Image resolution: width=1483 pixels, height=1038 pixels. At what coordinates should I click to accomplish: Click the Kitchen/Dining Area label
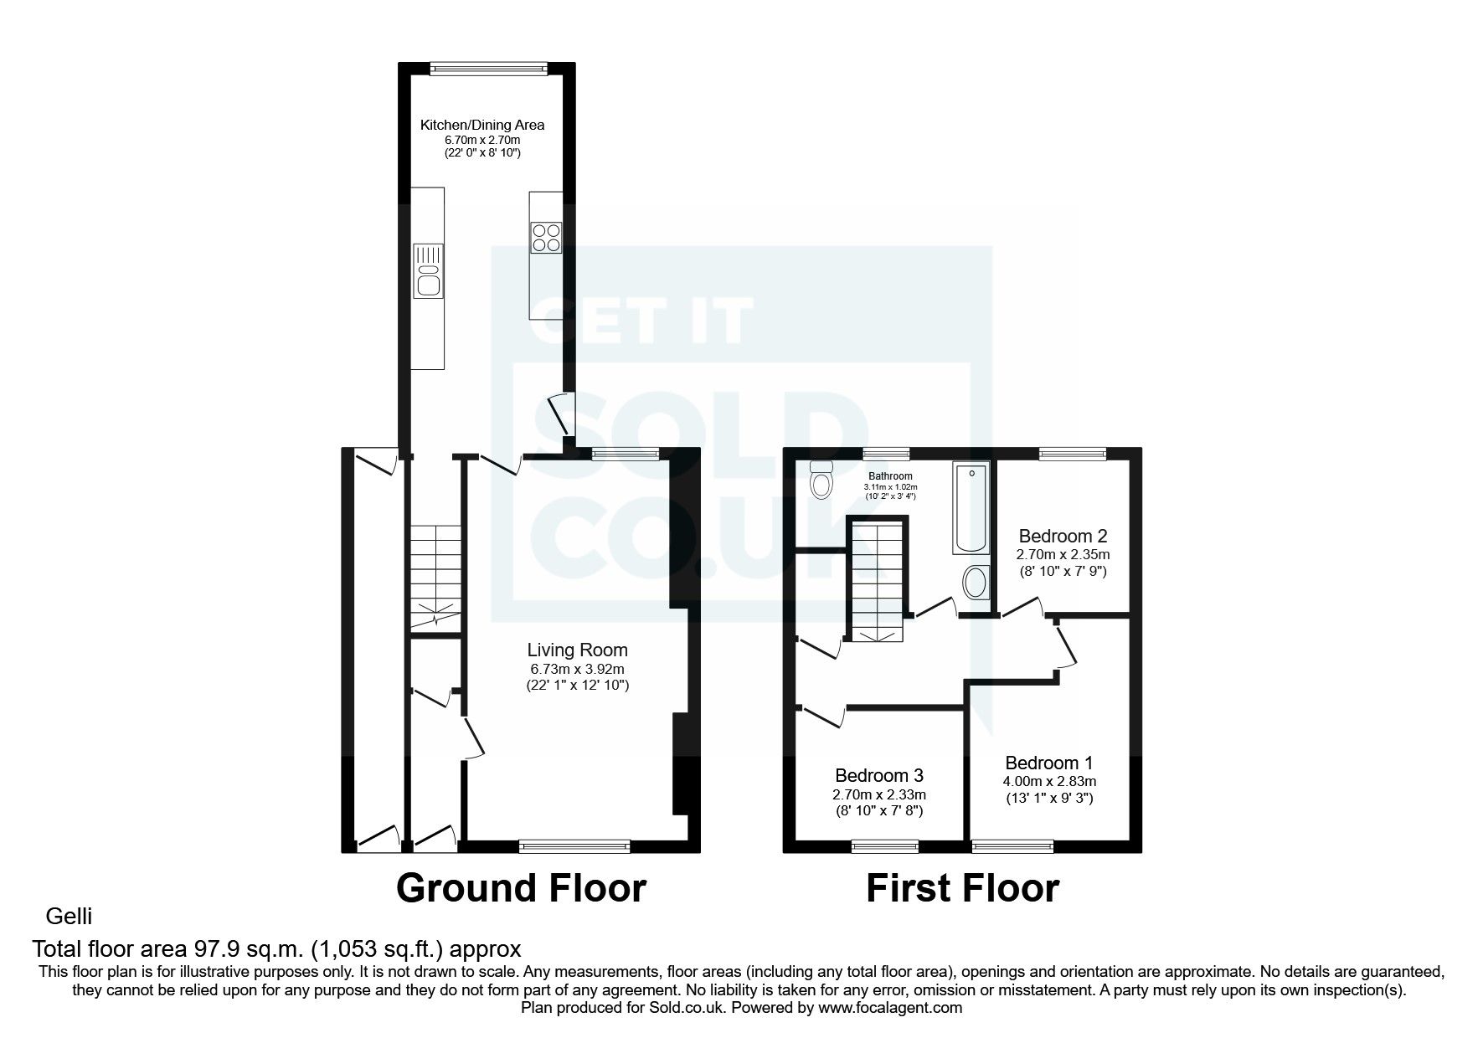coord(481,125)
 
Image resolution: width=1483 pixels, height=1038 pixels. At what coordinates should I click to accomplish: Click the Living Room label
coord(577,650)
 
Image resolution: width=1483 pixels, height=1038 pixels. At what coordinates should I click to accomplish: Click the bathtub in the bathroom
coord(971,507)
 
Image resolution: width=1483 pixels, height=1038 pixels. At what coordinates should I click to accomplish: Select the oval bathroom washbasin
coord(975,583)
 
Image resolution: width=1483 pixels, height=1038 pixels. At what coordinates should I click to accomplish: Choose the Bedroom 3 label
coord(879,776)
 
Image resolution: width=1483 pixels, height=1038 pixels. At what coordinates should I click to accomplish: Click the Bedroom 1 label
coord(1049,763)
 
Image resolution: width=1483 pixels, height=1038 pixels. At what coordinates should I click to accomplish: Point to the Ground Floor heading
coord(521,888)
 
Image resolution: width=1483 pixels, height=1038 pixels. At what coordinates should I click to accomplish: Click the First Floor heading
coord(962,888)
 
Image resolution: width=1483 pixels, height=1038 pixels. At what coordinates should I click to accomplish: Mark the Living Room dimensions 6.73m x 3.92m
coord(577,669)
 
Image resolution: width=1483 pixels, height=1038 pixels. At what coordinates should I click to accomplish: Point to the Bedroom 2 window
coord(1073,454)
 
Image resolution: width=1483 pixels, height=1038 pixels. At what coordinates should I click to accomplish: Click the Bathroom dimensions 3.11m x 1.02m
coord(890,487)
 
